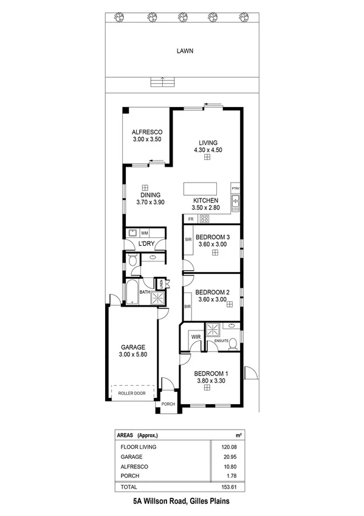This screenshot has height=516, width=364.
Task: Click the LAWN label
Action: coord(185,51)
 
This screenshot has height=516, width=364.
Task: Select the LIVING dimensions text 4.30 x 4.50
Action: coord(207,149)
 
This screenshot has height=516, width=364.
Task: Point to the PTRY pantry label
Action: coord(236,188)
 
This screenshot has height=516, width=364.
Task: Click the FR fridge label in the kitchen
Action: coord(191,218)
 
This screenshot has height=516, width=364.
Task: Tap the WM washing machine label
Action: coord(145,233)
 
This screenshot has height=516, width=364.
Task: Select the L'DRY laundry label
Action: coord(146,244)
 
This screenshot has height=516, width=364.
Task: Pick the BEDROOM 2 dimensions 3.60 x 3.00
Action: coord(212,299)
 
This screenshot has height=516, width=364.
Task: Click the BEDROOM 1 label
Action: coord(211,374)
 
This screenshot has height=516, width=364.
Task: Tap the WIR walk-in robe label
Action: coord(196,336)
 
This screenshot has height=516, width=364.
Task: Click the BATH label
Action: coord(145,292)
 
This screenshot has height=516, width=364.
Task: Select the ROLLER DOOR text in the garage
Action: coord(132,393)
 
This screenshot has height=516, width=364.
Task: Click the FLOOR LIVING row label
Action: coord(139,447)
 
